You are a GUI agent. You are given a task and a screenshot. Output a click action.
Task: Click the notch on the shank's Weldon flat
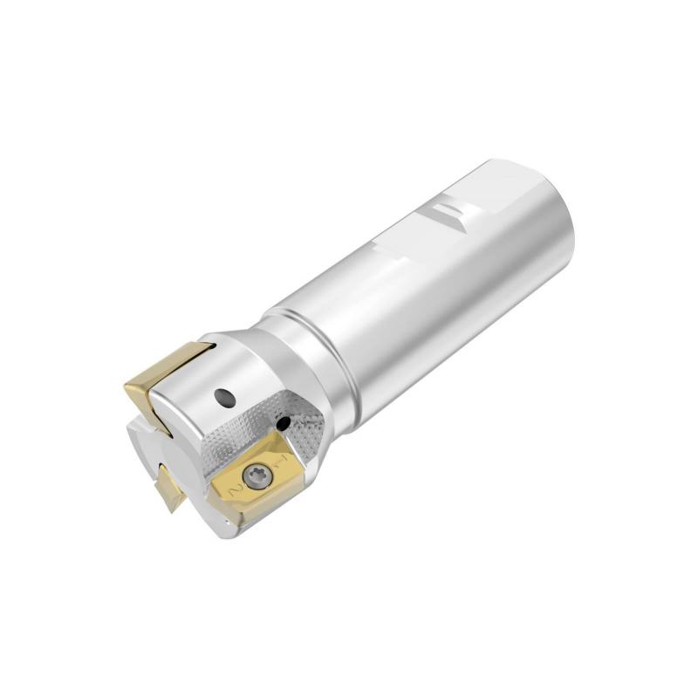(451, 213)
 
